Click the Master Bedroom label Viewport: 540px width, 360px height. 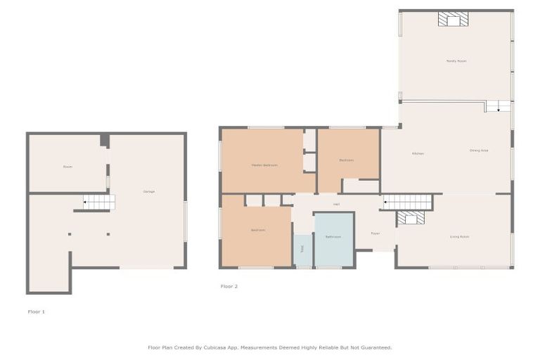pos(264,165)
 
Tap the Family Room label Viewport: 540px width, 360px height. pos(456,61)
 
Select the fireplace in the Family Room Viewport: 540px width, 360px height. pos(451,20)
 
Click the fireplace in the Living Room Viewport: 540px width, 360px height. pos(411,219)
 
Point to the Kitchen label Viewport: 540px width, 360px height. pos(418,153)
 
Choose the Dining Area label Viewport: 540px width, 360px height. pos(479,150)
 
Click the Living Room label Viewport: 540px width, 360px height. pos(459,237)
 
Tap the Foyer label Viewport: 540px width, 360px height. pos(375,233)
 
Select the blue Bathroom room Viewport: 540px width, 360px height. pos(333,239)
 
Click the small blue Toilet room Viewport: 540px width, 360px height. pos(302,250)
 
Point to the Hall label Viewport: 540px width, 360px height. pos(336,205)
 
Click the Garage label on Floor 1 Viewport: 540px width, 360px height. pos(149,191)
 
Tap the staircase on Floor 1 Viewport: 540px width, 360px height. pos(98,202)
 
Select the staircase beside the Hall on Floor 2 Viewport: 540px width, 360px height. pos(407,202)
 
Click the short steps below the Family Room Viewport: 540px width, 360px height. pos(498,106)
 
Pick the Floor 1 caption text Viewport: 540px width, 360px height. pos(37,311)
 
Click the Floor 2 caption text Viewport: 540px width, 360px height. pos(229,286)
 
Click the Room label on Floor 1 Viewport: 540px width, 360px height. pos(67,167)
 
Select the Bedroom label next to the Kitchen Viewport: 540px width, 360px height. pos(346,160)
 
